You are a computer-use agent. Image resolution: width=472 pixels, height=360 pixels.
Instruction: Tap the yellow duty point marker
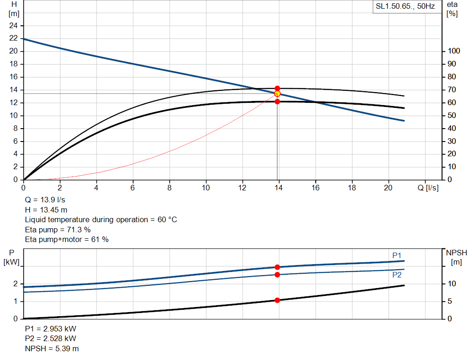pyautogui.click(x=277, y=94)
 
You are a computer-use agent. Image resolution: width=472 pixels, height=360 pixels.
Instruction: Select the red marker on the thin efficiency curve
pyautogui.click(x=277, y=88)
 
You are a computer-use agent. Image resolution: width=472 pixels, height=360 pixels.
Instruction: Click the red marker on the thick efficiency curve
pyautogui.click(x=277, y=101)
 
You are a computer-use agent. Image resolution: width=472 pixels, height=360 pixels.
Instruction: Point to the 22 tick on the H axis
pyautogui.click(x=13, y=38)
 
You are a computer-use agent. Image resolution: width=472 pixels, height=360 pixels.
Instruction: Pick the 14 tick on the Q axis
pyautogui.click(x=279, y=188)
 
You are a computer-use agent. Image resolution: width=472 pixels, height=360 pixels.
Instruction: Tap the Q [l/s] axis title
pyautogui.click(x=428, y=188)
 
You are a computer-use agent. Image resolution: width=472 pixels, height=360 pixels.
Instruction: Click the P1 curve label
pyautogui.click(x=397, y=255)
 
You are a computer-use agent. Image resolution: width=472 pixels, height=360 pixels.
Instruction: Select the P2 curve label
pyautogui.click(x=397, y=275)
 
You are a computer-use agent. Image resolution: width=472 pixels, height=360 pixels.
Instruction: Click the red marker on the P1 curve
pyautogui.click(x=277, y=267)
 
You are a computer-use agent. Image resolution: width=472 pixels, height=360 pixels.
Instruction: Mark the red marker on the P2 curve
pyautogui.click(x=277, y=275)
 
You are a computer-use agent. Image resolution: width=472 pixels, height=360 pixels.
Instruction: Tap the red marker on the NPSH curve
pyautogui.click(x=277, y=300)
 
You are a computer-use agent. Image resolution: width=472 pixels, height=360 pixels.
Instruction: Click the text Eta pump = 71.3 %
pyautogui.click(x=58, y=230)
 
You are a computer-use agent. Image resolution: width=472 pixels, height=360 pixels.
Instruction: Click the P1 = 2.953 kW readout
pyautogui.click(x=51, y=329)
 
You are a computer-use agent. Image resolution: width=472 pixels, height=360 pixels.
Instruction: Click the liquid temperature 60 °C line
pyautogui.click(x=101, y=220)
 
